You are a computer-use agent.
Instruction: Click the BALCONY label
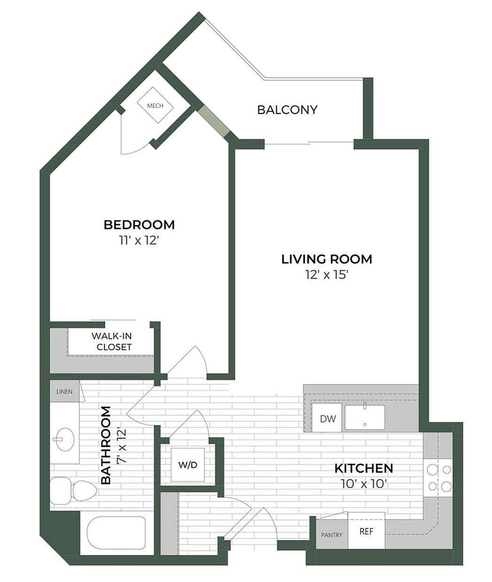(287, 110)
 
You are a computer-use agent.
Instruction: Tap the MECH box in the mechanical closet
(155, 106)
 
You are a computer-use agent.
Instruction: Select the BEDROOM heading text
(139, 225)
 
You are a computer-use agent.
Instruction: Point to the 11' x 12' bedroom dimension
(139, 241)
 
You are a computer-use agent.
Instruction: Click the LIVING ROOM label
(327, 259)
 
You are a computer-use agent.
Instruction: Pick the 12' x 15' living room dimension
(327, 275)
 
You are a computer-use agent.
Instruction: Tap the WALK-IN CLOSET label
(112, 342)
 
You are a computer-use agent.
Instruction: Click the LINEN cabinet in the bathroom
(64, 391)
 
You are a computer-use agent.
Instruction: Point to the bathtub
(117, 533)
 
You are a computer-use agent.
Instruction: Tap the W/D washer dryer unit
(187, 465)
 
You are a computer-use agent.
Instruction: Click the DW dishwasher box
(328, 418)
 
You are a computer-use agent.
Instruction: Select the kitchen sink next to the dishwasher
(365, 417)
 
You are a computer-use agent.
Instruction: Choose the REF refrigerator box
(366, 532)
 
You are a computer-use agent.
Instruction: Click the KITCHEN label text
(363, 468)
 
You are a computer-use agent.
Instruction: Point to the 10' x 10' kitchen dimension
(363, 483)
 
